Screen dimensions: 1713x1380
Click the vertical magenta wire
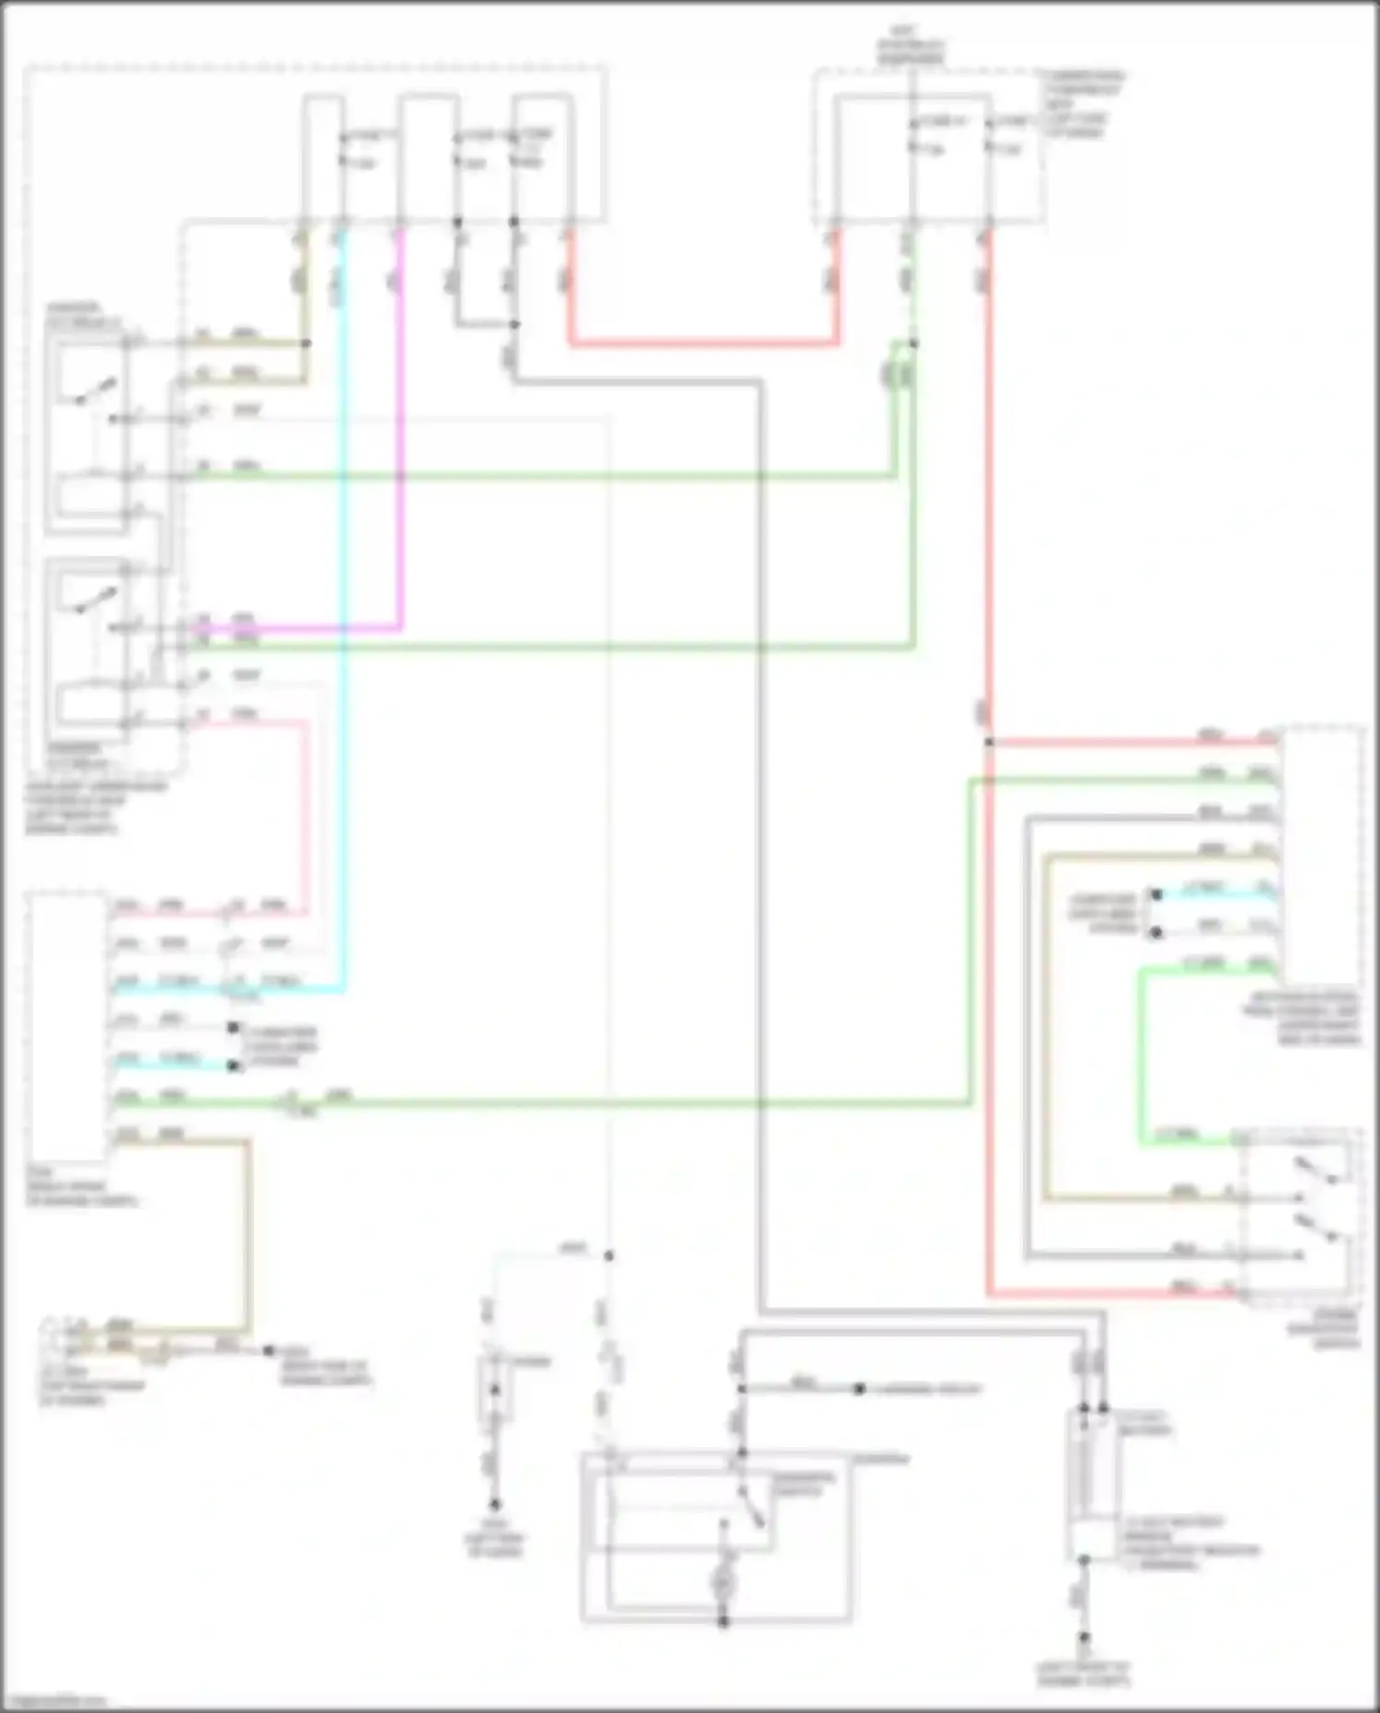click(400, 442)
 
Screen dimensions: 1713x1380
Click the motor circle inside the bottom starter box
click(724, 1582)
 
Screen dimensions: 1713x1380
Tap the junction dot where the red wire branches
click(989, 742)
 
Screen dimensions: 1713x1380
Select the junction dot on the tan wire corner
click(306, 343)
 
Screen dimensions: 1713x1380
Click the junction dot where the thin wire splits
click(608, 1256)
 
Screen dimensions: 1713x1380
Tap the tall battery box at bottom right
click(1092, 1482)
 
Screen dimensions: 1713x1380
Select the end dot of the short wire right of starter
click(859, 1389)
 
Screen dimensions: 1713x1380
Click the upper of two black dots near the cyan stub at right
click(1156, 895)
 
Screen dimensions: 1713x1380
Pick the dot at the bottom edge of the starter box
click(724, 1621)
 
